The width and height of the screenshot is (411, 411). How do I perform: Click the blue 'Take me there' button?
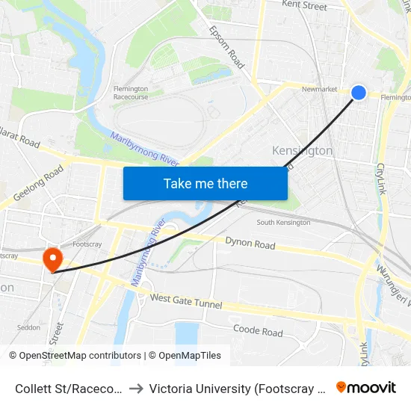click(x=205, y=184)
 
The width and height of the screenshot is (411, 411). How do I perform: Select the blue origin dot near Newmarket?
click(x=359, y=93)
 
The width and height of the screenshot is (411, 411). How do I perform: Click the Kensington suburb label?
click(x=302, y=151)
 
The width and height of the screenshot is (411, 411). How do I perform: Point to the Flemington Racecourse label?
click(x=130, y=93)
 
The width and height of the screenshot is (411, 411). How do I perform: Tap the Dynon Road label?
click(x=250, y=244)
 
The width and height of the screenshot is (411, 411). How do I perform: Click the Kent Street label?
click(x=304, y=6)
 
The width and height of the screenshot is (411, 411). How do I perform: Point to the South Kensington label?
click(x=283, y=223)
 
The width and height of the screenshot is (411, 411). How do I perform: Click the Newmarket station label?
click(x=319, y=89)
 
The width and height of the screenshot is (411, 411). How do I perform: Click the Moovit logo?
click(x=365, y=387)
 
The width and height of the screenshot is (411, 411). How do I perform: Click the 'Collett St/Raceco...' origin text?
click(x=69, y=388)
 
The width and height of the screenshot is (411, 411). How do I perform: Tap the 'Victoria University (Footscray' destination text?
click(x=235, y=388)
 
